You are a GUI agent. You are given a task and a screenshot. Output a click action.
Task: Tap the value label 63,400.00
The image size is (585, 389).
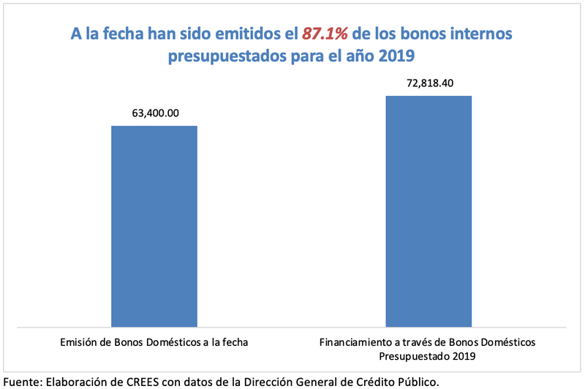(x=154, y=113)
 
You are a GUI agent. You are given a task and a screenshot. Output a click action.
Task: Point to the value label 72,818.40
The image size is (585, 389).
(x=429, y=83)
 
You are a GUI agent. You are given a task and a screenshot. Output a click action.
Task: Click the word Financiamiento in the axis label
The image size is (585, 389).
(x=356, y=342)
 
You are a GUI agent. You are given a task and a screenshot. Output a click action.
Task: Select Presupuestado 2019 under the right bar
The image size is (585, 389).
(x=429, y=356)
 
